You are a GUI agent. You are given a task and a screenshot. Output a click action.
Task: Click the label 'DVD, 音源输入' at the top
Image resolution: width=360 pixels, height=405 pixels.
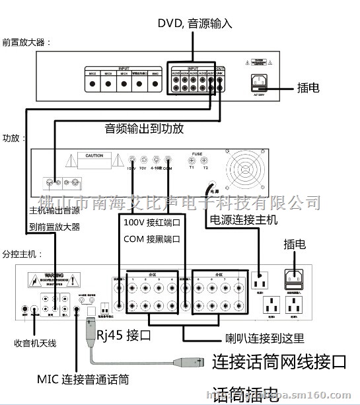tap(195, 24)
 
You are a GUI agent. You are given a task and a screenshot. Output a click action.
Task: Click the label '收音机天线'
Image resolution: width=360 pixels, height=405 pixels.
tap(35, 343)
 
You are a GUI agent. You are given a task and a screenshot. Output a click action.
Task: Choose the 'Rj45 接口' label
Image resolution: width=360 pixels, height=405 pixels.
tap(124, 336)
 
